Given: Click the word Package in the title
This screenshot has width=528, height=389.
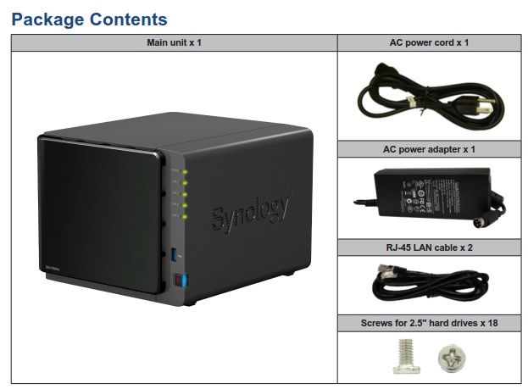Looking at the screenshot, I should pos(50,19).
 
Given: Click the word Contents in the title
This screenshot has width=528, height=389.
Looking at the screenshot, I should pos(131,19).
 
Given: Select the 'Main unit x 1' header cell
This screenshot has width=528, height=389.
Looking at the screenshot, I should pos(174,42).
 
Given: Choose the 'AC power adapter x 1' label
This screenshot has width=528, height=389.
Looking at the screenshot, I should pos(429,149).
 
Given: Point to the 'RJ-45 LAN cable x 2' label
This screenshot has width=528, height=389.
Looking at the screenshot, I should pos(429,248).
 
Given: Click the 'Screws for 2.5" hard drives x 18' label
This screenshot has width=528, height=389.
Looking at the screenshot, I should pos(429,323).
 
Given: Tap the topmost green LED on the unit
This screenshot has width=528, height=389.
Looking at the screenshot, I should pos(186,172).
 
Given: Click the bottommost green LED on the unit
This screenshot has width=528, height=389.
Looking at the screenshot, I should pos(186,216).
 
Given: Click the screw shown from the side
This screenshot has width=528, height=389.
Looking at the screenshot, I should pos(403,357).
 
